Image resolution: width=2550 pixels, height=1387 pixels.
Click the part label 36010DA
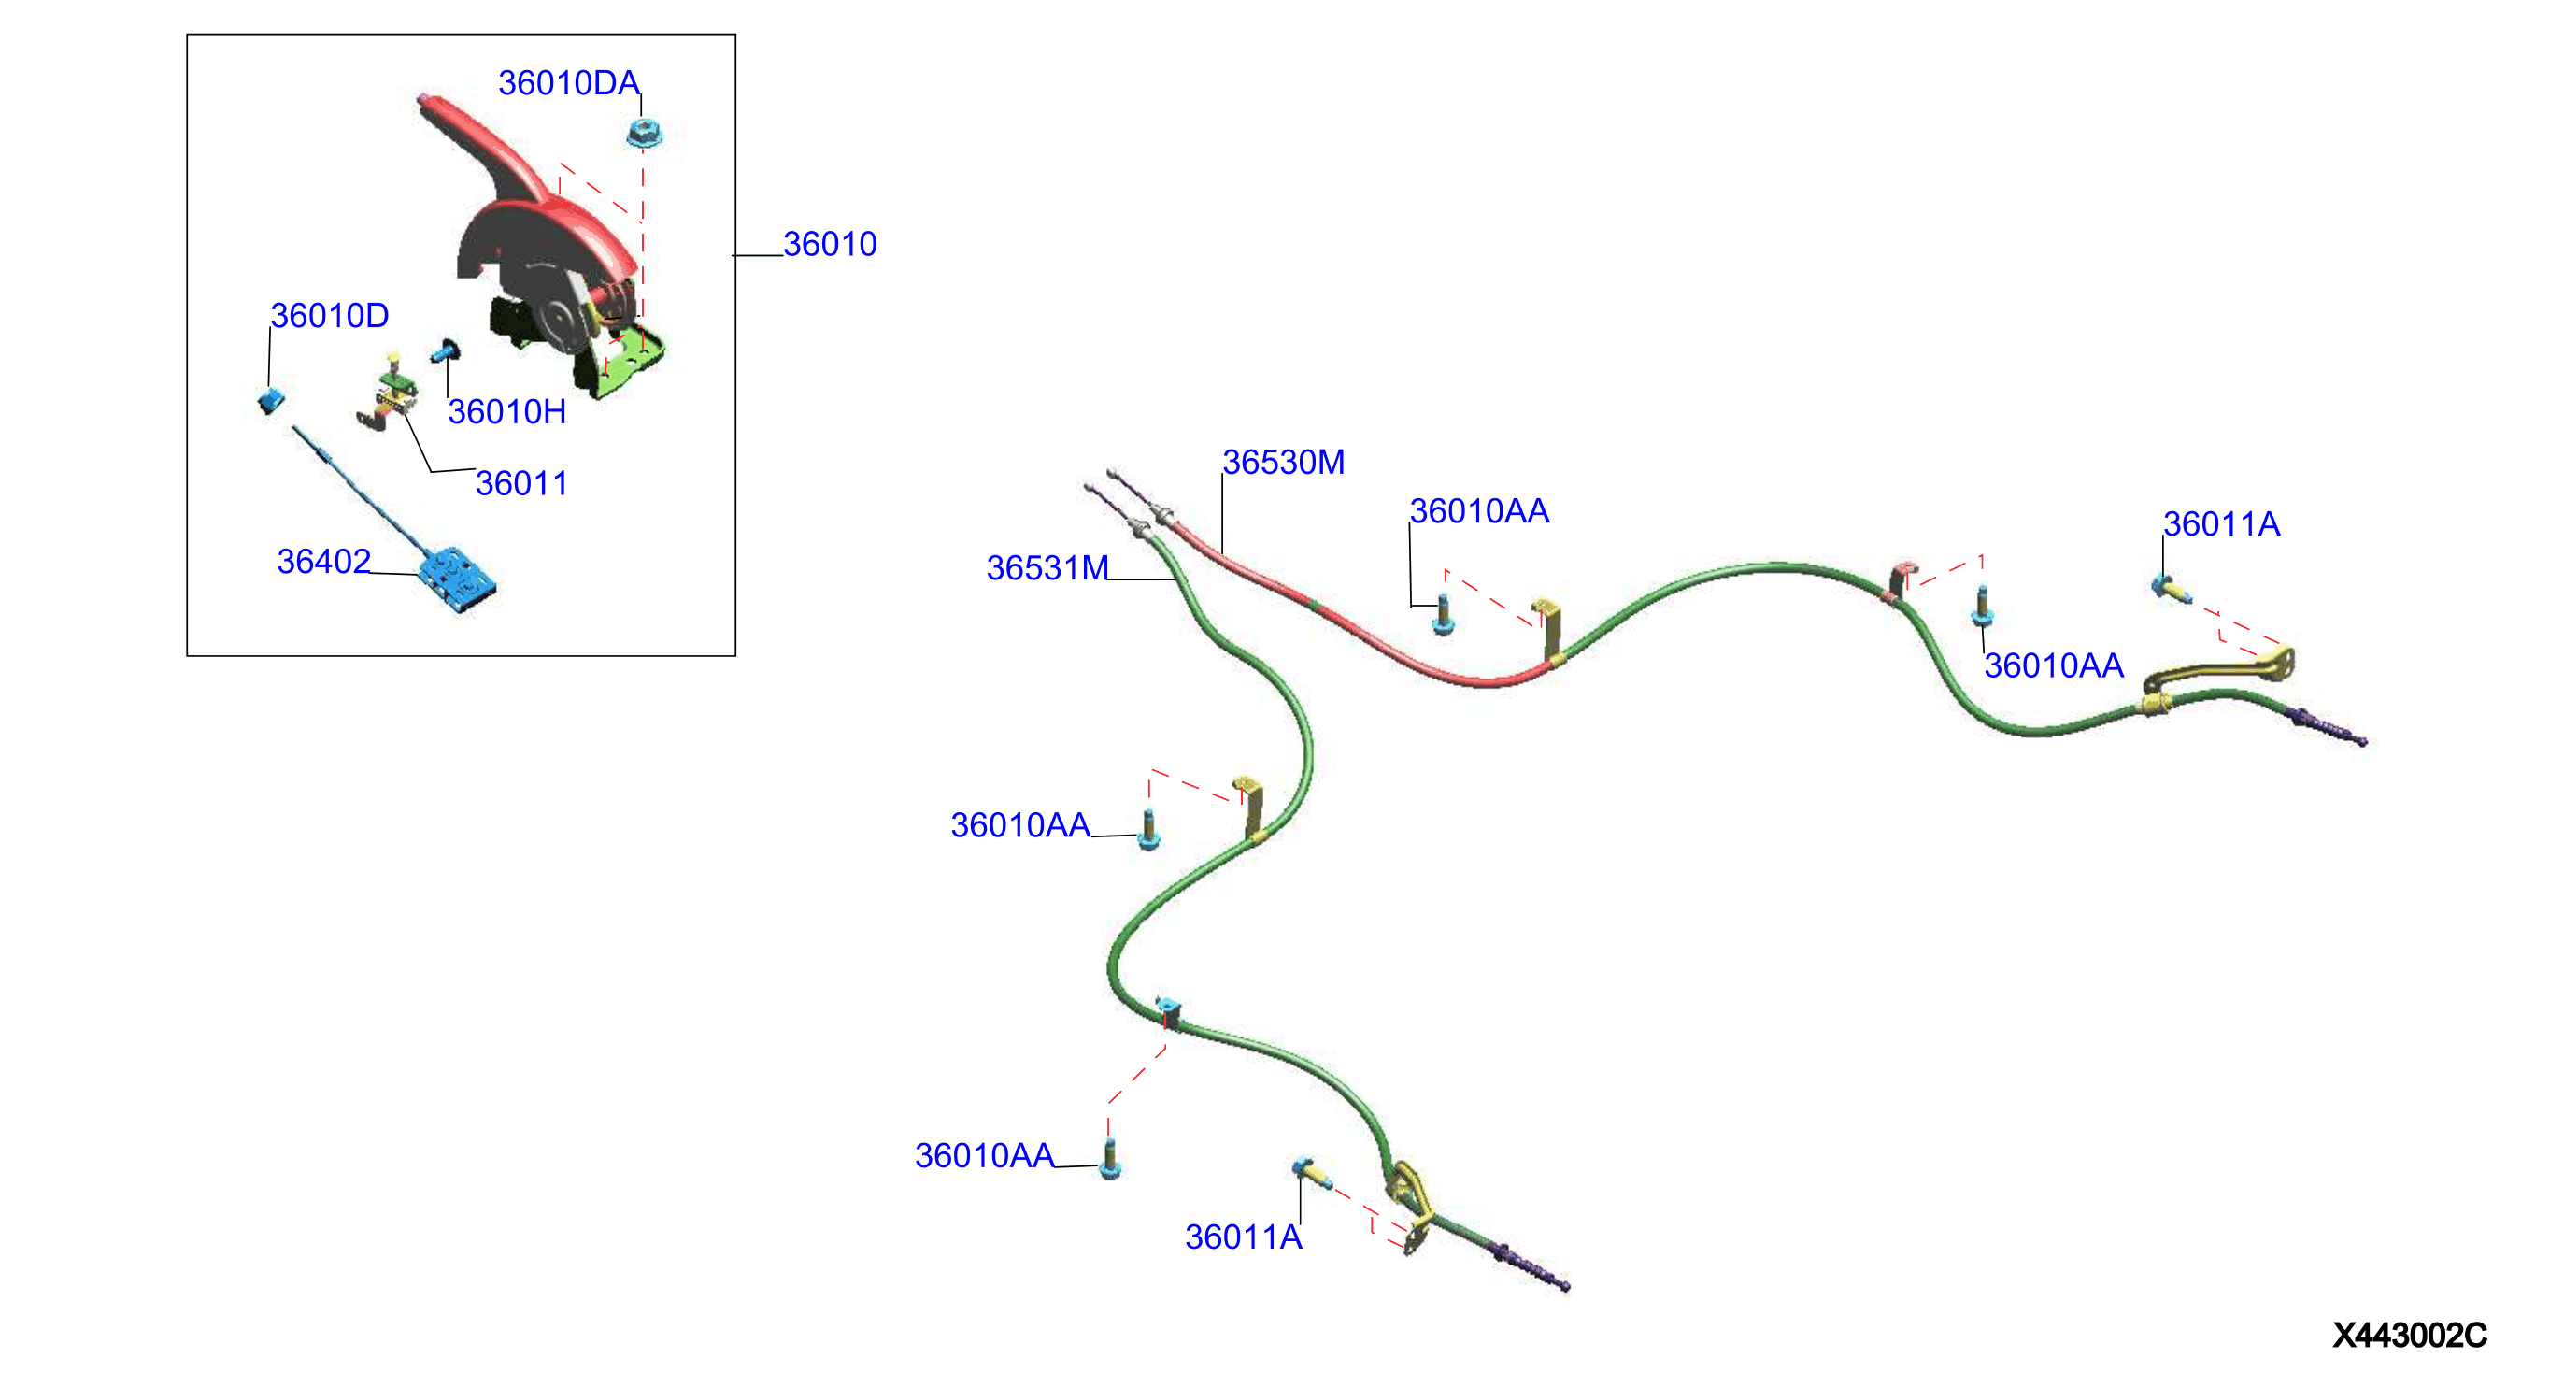point(568,83)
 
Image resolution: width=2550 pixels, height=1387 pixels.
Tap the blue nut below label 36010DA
point(644,133)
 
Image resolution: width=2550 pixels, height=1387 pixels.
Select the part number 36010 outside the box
point(830,245)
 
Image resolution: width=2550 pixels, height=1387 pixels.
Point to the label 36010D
point(330,316)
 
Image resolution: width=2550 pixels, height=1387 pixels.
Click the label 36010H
point(506,412)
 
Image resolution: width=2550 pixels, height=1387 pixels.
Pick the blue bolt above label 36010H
point(446,351)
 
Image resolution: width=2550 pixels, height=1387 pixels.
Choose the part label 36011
point(521,483)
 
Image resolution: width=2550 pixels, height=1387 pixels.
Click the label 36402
point(323,562)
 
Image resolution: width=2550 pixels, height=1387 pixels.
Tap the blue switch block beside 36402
point(456,579)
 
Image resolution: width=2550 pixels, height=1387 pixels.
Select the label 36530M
point(1283,463)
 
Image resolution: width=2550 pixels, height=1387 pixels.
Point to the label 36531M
point(1047,568)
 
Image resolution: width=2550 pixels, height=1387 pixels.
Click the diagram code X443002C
point(2410,1336)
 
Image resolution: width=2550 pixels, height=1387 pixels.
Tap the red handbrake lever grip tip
point(423,99)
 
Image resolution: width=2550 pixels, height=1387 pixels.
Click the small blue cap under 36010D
point(270,401)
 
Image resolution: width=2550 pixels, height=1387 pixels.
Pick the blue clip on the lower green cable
point(1168,1008)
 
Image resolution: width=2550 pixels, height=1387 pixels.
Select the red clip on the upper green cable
point(1901,579)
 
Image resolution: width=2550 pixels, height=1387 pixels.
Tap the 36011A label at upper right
point(2221,524)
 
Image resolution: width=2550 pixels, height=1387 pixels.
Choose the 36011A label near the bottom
point(1244,1237)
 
